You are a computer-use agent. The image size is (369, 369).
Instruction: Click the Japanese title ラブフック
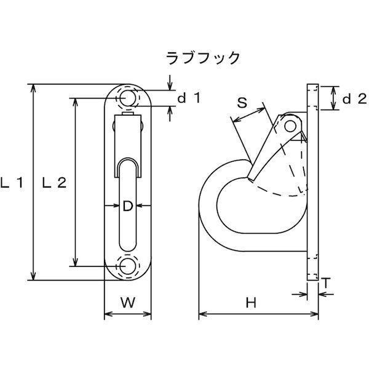tap(203, 58)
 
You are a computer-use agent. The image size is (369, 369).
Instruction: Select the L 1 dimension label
tap(12, 183)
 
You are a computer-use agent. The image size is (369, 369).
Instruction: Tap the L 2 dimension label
tap(54, 183)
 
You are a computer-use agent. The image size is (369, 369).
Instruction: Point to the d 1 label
tap(189, 98)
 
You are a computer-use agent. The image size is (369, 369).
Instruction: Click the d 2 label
tap(355, 99)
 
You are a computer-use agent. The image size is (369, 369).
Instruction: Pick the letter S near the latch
tap(242, 103)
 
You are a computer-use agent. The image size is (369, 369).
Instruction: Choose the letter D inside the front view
tap(128, 206)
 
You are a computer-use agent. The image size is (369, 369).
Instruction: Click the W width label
tap(129, 303)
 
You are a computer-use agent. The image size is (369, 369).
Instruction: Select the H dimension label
tap(251, 303)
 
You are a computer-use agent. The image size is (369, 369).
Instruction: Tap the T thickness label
tap(326, 283)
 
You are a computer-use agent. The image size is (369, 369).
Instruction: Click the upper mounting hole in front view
tap(127, 98)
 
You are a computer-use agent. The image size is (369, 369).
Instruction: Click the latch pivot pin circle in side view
tap(290, 126)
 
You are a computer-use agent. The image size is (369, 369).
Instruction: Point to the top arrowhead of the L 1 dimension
tap(33, 88)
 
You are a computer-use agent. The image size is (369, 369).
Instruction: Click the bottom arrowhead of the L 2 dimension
tap(75, 262)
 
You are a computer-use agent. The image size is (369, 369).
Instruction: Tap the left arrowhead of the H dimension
tap(203, 314)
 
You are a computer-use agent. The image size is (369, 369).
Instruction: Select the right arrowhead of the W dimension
tap(147, 314)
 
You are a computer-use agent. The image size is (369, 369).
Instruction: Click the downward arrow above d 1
tap(170, 82)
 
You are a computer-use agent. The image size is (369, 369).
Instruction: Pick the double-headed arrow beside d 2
tap(333, 98)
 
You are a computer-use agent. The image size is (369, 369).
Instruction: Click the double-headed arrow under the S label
tap(248, 115)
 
